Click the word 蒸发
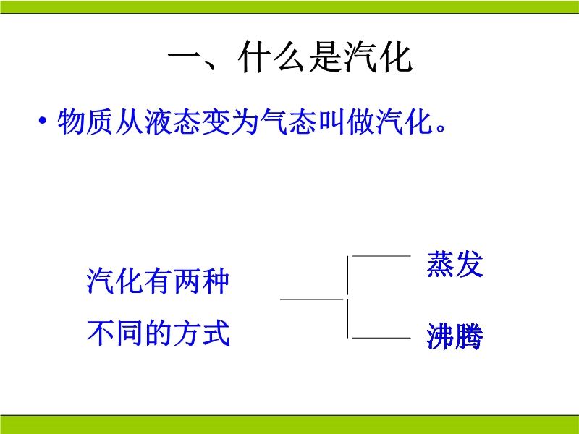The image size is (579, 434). point(455,263)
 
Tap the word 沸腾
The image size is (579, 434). point(455,336)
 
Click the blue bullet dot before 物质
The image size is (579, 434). point(43,120)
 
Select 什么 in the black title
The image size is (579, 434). point(271,58)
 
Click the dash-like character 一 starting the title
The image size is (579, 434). point(184,56)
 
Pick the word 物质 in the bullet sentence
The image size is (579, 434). point(85,122)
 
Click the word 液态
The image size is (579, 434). point(172,122)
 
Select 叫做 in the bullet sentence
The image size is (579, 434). point(346,122)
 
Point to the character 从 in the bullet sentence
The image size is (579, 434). point(129,122)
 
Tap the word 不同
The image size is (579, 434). point(115,333)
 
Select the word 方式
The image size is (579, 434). point(201,333)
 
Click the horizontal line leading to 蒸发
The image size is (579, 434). point(381,256)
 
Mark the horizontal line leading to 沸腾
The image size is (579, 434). point(381,338)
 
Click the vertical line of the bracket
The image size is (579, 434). point(348,297)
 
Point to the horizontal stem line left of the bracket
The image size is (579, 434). point(312,299)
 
